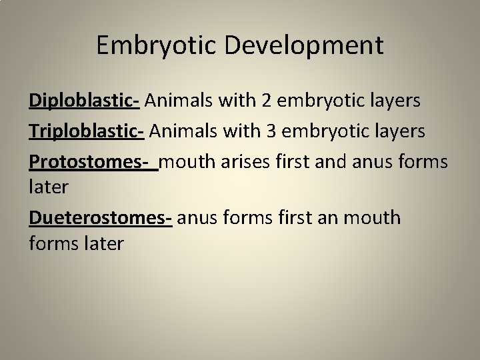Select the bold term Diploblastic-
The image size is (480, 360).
pyautogui.click(x=83, y=101)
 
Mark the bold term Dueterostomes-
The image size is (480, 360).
pyautogui.click(x=101, y=217)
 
